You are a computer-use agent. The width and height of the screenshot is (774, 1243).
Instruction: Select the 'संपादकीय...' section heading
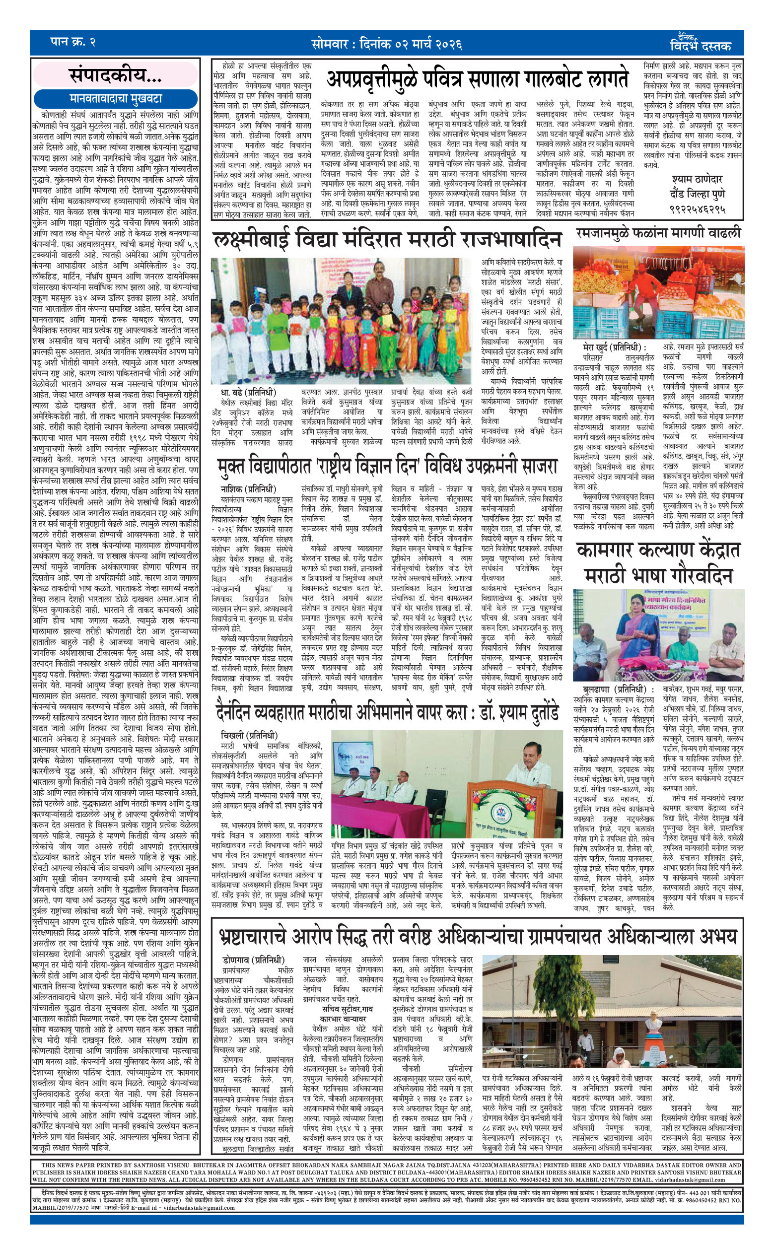pos(115,76)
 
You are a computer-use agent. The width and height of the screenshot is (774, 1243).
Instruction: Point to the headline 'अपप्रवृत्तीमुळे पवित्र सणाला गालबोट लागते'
pos(477,79)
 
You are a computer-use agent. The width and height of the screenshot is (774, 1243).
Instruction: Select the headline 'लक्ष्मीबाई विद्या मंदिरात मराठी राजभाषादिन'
pos(387,240)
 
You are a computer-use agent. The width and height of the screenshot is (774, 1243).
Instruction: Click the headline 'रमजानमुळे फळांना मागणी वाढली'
pos(658,233)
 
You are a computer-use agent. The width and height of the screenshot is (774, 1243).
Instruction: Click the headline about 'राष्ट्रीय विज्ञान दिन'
pos(387,467)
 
